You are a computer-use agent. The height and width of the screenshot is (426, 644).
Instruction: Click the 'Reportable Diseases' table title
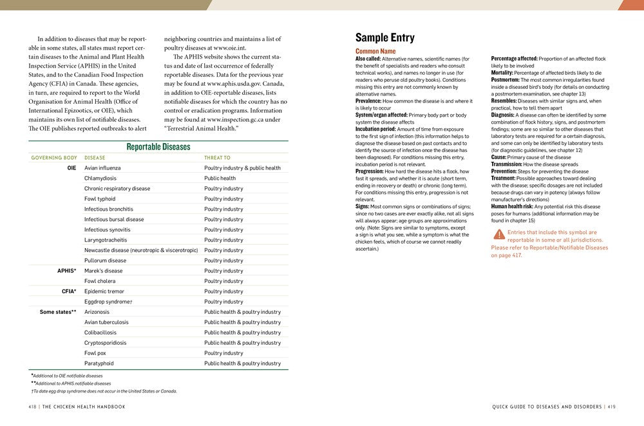[x=158, y=147]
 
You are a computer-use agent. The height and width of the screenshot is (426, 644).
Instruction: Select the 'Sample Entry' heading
[x=385, y=38]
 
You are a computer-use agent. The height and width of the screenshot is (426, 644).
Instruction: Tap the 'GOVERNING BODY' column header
[x=54, y=158]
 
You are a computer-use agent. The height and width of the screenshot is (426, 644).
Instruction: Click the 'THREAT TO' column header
[x=217, y=158]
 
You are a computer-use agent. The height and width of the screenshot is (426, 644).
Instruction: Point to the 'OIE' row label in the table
[x=71, y=168]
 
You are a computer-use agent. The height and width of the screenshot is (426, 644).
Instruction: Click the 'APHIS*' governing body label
[x=67, y=271]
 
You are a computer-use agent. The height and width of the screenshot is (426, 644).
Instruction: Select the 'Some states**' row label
[x=58, y=312]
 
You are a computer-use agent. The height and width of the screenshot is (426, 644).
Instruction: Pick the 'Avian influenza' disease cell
[x=102, y=168]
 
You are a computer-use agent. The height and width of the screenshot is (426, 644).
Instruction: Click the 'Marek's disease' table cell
[x=103, y=271]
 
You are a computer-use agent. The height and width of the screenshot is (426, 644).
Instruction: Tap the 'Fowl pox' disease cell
[x=95, y=353]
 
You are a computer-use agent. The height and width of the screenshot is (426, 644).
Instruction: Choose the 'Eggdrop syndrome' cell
[x=108, y=302]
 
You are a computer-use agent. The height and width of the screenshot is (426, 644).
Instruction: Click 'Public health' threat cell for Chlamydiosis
[x=220, y=179]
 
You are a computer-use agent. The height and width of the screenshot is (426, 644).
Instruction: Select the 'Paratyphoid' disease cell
[x=99, y=363]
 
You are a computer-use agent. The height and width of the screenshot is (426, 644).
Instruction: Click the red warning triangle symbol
[x=499, y=234]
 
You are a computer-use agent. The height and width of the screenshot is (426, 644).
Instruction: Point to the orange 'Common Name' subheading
[x=375, y=51]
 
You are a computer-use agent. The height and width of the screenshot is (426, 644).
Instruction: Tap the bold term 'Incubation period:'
[x=375, y=129]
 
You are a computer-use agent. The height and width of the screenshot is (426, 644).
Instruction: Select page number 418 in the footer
[x=32, y=407]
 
